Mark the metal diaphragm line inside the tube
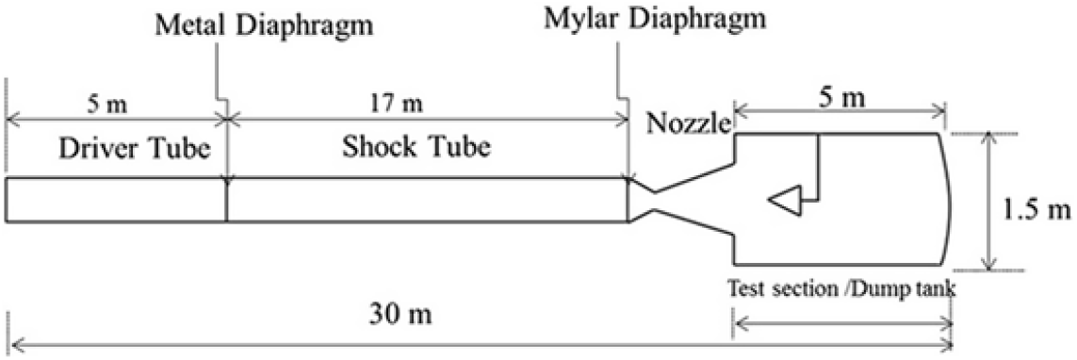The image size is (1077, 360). click(227, 200)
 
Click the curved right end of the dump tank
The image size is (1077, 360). click(948, 200)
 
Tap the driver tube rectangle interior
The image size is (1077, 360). click(115, 200)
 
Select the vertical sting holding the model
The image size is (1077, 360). click(818, 168)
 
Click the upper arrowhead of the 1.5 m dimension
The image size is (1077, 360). click(987, 138)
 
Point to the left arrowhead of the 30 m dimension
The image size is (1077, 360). click(13, 346)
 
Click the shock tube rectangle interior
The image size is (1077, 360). click(426, 200)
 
